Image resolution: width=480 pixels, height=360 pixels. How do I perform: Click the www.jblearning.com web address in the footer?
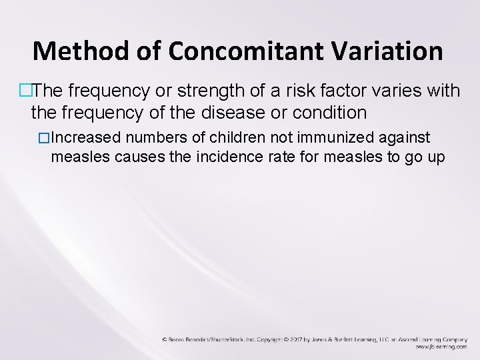point(441,347)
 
